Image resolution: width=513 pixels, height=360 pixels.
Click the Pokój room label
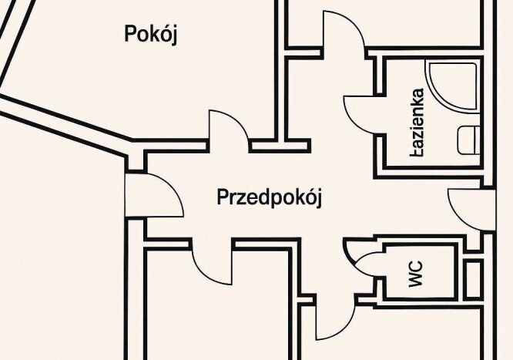click(x=151, y=34)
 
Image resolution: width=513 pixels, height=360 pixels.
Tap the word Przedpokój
click(x=270, y=197)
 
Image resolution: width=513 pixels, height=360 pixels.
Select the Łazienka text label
click(x=417, y=123)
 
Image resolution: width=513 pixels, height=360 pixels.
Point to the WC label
click(x=416, y=274)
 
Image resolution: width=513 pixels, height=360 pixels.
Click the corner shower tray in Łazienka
click(x=453, y=86)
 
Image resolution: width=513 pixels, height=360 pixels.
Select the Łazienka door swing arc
click(x=360, y=114)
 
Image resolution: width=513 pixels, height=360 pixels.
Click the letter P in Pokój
click(x=130, y=33)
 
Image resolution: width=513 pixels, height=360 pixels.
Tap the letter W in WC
click(x=416, y=281)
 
